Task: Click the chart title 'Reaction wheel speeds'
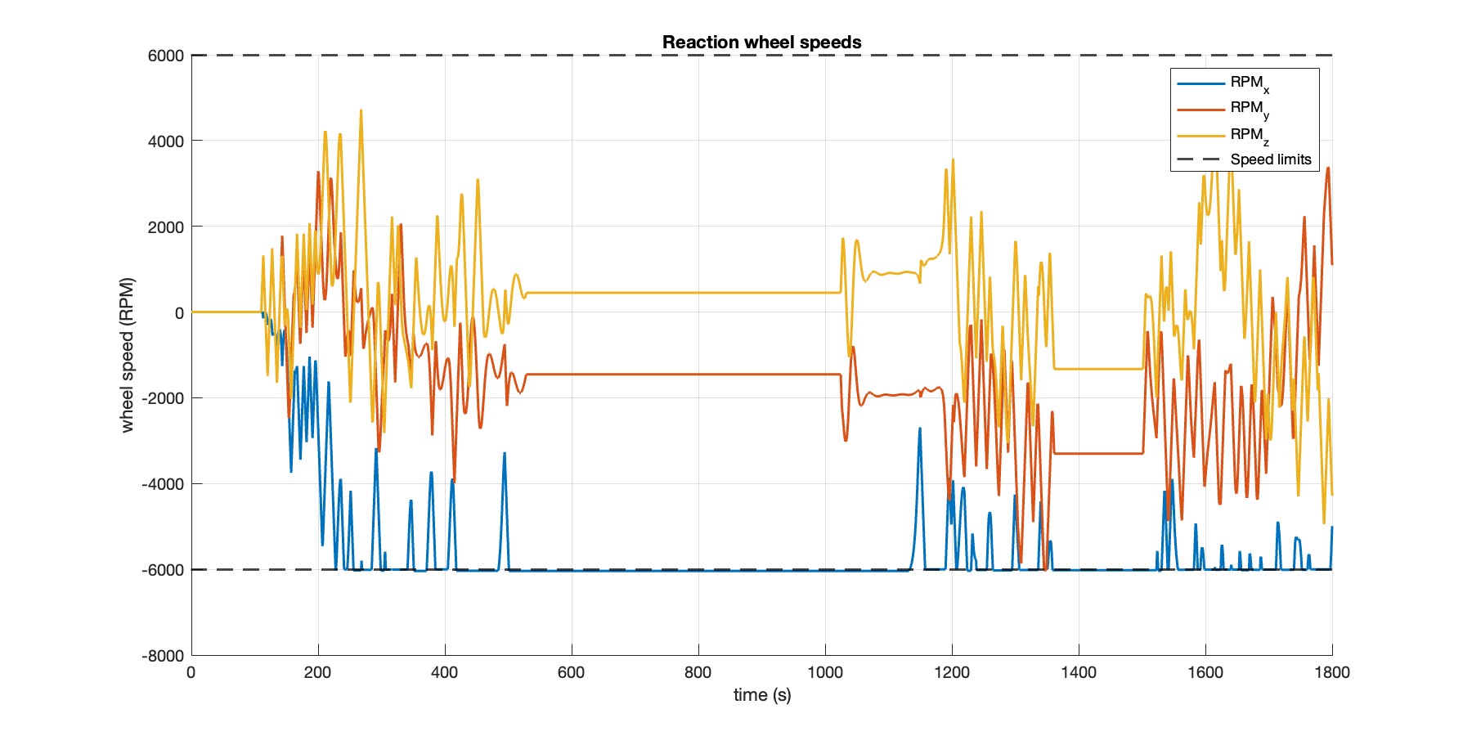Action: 761,43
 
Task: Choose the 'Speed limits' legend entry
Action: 1270,159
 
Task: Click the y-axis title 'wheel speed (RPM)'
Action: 127,355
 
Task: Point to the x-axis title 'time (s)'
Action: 761,695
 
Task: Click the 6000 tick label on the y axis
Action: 166,56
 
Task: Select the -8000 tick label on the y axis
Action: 163,656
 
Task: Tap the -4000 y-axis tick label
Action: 163,484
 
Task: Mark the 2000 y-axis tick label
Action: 166,227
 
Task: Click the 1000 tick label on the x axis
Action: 824,673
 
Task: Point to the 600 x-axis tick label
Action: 571,673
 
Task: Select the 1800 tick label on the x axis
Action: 1331,673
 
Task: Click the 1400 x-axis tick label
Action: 1078,673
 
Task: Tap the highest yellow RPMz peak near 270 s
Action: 361,110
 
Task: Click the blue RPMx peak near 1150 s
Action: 919,429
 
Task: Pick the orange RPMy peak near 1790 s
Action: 1328,168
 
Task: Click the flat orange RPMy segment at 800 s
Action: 698,375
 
